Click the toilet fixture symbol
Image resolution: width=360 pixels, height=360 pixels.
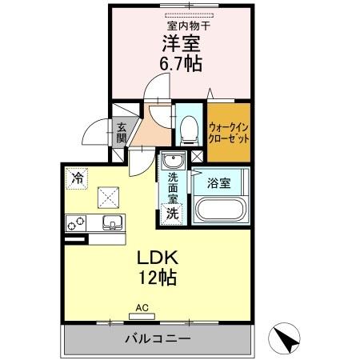189,126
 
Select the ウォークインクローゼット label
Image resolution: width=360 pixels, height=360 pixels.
229,131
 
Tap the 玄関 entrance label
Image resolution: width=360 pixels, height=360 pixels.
122,133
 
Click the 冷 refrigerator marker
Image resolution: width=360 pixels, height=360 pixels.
77,177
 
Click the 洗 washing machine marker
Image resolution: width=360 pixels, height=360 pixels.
170,214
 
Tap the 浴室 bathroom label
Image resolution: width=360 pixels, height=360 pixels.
219,183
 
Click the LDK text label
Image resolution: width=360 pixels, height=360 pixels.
155,260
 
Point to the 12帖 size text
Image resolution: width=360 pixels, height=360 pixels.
155,279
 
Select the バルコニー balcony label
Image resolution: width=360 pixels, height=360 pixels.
158,339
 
